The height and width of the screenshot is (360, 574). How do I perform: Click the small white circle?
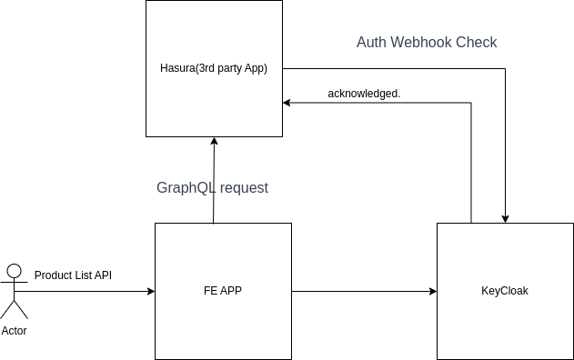(x=14, y=271)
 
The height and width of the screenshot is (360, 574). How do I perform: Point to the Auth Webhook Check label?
(x=427, y=43)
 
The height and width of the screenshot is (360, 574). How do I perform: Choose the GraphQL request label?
(x=213, y=188)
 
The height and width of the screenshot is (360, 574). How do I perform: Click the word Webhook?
(x=423, y=43)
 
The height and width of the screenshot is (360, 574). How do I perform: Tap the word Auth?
(x=370, y=43)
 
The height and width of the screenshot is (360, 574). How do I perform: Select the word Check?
(x=478, y=43)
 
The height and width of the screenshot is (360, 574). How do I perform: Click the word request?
(x=244, y=188)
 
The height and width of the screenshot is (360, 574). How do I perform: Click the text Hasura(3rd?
(x=187, y=69)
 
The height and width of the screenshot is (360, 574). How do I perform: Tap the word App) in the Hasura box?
(x=256, y=69)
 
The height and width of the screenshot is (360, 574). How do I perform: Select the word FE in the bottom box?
(x=210, y=291)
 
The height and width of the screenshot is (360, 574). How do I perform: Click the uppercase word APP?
(x=231, y=291)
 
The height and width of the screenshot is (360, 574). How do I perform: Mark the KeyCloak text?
(x=505, y=291)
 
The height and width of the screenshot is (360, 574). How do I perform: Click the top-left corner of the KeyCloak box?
(x=438, y=225)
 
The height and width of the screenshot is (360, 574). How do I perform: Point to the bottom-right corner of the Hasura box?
(x=281, y=135)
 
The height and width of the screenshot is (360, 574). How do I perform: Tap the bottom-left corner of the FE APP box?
(x=156, y=358)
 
